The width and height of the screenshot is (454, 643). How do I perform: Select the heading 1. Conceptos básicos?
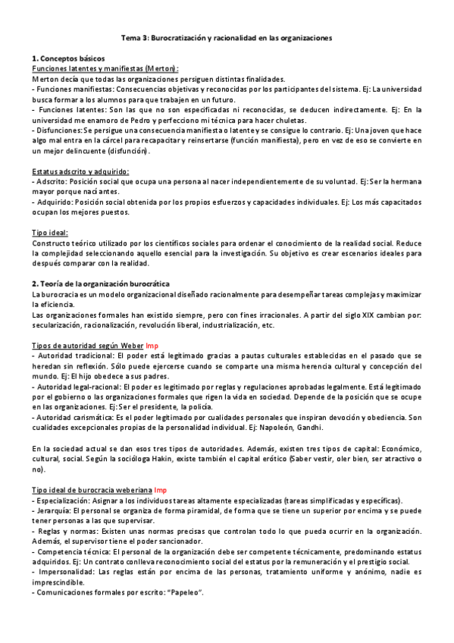[69, 58]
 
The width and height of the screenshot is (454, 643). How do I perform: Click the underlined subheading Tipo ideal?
[50, 232]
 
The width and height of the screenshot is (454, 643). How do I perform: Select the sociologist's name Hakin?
[192, 459]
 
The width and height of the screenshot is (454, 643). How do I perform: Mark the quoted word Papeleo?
[186, 591]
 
